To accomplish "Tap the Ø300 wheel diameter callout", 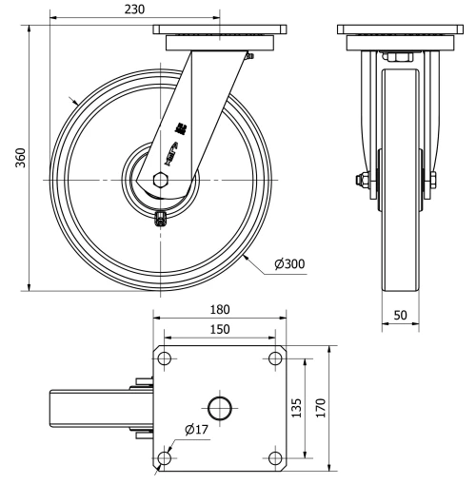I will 288,263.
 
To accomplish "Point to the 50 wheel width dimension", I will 400,313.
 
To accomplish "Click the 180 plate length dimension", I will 220,310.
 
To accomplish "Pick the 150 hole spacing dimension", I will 220,327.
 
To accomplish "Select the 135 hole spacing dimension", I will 295,408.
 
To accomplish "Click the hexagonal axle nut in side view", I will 161,179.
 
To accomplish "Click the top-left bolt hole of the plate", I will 165,358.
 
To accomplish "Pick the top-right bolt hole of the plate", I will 276,358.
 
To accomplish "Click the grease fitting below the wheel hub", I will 161,219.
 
